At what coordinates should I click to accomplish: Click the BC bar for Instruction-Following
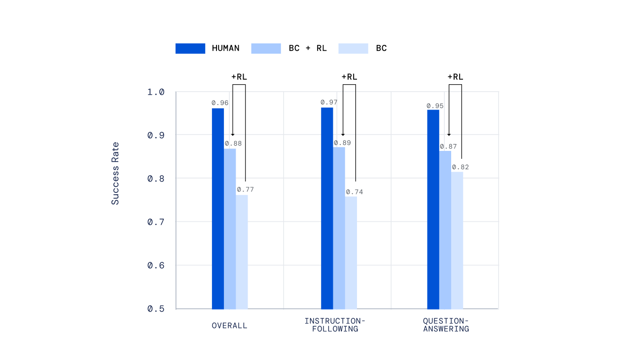351,252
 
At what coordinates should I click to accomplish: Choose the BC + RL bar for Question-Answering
445,229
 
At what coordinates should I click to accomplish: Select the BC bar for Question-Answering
457,240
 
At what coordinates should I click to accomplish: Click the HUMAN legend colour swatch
190,48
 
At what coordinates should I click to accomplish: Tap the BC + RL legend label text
308,48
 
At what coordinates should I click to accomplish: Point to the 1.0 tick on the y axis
155,92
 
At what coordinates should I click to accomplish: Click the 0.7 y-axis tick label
155,222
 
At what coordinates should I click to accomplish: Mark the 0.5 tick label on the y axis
155,309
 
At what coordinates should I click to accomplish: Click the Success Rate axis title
115,174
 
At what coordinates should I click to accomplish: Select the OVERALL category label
230,325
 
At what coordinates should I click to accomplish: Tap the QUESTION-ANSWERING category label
446,324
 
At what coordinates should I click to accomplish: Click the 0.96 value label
220,103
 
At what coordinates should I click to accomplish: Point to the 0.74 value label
354,192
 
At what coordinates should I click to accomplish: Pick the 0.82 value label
461,167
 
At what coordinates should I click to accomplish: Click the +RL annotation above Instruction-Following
349,77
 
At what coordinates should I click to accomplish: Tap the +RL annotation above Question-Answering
455,77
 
